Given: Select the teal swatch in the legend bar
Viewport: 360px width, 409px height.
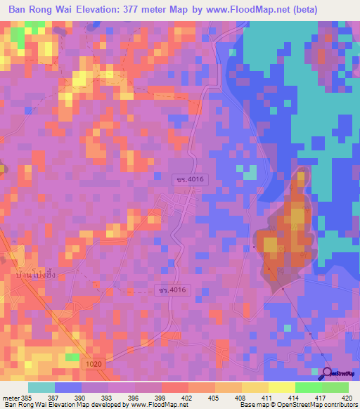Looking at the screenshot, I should (x=41, y=387).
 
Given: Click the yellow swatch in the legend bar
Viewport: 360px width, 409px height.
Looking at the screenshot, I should (x=281, y=387).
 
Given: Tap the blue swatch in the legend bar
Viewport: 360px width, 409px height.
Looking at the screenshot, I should (x=68, y=387).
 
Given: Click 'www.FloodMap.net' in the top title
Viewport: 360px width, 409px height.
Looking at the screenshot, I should (x=247, y=10).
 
